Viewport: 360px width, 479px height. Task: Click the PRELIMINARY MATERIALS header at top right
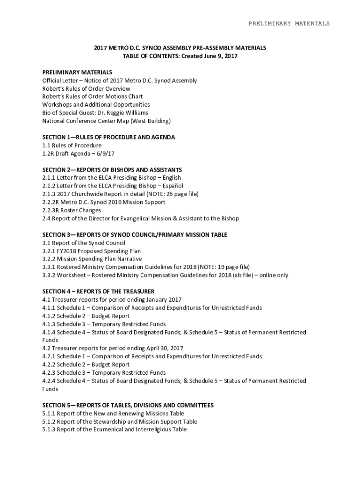coord(288,23)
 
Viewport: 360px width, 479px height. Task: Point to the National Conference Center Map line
coord(107,121)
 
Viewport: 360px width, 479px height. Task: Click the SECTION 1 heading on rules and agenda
coord(108,138)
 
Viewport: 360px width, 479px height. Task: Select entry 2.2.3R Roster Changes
coord(72,210)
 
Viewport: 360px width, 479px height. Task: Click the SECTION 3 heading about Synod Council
coord(135,234)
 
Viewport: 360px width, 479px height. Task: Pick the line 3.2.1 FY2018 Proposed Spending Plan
coord(92,251)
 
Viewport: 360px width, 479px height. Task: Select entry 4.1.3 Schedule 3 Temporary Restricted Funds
coord(104,324)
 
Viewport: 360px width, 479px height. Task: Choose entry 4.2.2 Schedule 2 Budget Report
coord(86,364)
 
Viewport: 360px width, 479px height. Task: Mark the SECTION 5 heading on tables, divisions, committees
coord(128,405)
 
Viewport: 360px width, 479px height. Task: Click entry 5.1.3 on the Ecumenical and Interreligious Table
coord(115,429)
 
